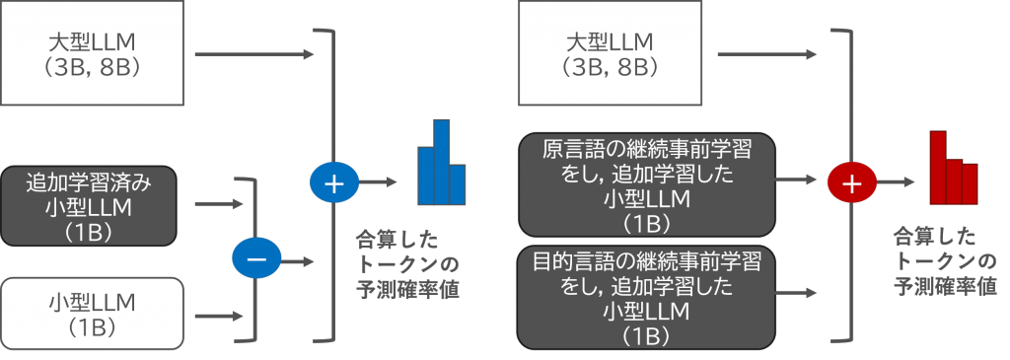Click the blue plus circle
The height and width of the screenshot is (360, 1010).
tap(333, 182)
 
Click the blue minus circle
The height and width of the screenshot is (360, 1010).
tap(256, 258)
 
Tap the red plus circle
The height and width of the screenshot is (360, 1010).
tap(852, 182)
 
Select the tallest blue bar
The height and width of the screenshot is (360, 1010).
tap(441, 163)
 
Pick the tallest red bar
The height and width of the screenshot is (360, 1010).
tap(938, 168)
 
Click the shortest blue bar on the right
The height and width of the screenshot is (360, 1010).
tap(457, 184)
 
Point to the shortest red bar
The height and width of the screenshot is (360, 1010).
tap(970, 184)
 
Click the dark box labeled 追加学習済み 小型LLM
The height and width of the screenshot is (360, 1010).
tap(88, 206)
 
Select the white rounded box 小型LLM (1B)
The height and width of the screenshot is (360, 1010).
tap(92, 313)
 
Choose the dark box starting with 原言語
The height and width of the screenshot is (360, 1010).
tap(647, 184)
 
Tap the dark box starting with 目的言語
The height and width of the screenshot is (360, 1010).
tap(646, 297)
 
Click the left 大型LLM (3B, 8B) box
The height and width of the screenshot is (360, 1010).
tap(92, 52)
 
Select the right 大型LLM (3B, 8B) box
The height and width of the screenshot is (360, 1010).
tap(610, 52)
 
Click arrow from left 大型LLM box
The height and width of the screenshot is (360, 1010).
tap(254, 54)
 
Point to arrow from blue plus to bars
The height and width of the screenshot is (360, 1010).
tap(378, 182)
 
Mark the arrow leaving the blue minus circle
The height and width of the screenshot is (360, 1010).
tap(298, 262)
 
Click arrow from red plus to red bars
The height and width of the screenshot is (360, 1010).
tap(896, 182)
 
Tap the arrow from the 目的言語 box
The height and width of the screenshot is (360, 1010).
tap(796, 293)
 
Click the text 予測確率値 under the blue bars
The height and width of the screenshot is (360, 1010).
tap(407, 289)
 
